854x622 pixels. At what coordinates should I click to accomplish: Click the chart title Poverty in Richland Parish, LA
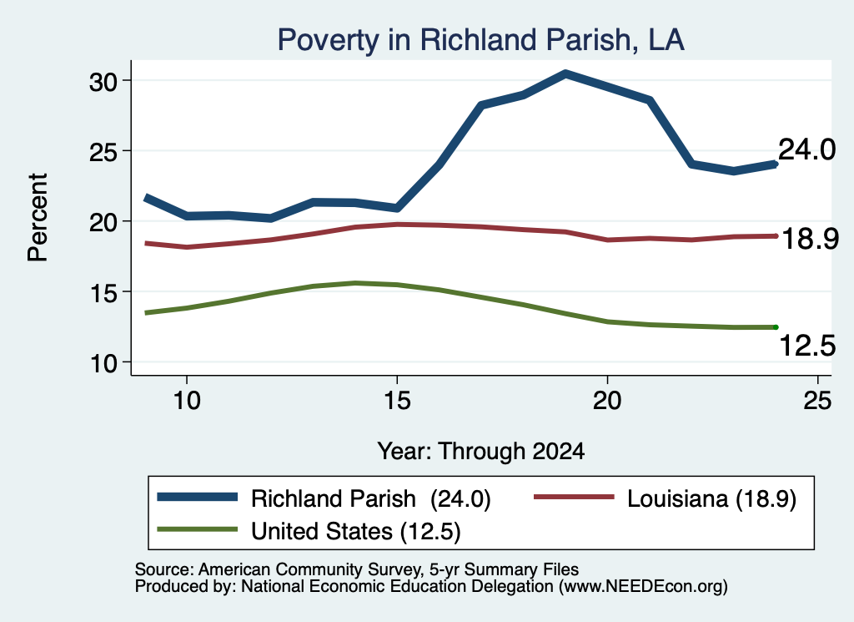pyautogui.click(x=480, y=40)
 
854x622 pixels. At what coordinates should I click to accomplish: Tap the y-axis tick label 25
pyautogui.click(x=103, y=152)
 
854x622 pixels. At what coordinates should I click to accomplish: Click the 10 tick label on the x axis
pyautogui.click(x=187, y=401)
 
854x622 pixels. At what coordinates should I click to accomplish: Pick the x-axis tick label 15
pyautogui.click(x=397, y=401)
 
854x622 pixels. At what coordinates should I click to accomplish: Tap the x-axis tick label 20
pyautogui.click(x=607, y=401)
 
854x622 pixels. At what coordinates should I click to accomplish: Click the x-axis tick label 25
pyautogui.click(x=817, y=401)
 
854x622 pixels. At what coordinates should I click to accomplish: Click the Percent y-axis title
pyautogui.click(x=38, y=218)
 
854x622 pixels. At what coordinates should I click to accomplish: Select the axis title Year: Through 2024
pyautogui.click(x=481, y=452)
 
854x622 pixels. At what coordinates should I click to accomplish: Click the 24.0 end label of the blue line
pyautogui.click(x=806, y=149)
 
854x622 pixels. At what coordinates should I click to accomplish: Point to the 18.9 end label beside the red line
pyautogui.click(x=810, y=240)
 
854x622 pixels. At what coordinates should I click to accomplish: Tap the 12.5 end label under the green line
pyautogui.click(x=807, y=346)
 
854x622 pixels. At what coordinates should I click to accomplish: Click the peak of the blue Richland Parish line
pyautogui.click(x=566, y=73)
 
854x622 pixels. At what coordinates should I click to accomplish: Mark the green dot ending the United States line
pyautogui.click(x=776, y=327)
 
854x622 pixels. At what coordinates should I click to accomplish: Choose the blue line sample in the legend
pyautogui.click(x=197, y=497)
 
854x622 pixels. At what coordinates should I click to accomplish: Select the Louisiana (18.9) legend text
pyautogui.click(x=712, y=498)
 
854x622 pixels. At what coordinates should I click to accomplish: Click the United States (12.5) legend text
pyautogui.click(x=355, y=531)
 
